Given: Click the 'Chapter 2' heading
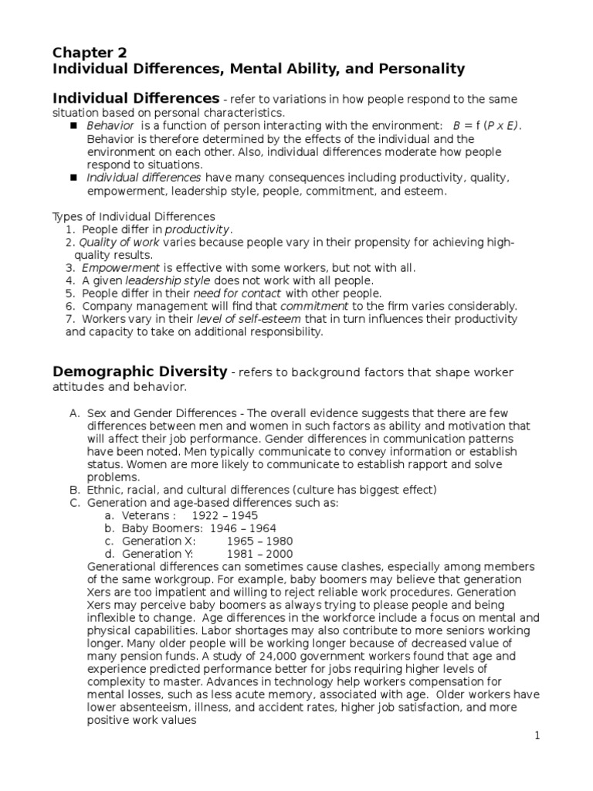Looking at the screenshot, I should (x=90, y=53).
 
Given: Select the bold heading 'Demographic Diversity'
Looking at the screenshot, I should (x=140, y=372).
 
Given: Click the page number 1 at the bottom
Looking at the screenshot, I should (x=537, y=736).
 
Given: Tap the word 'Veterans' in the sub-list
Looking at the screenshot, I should (x=145, y=515).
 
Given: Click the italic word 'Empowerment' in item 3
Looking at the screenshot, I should (x=120, y=268).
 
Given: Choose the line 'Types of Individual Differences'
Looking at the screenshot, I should (x=134, y=217).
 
